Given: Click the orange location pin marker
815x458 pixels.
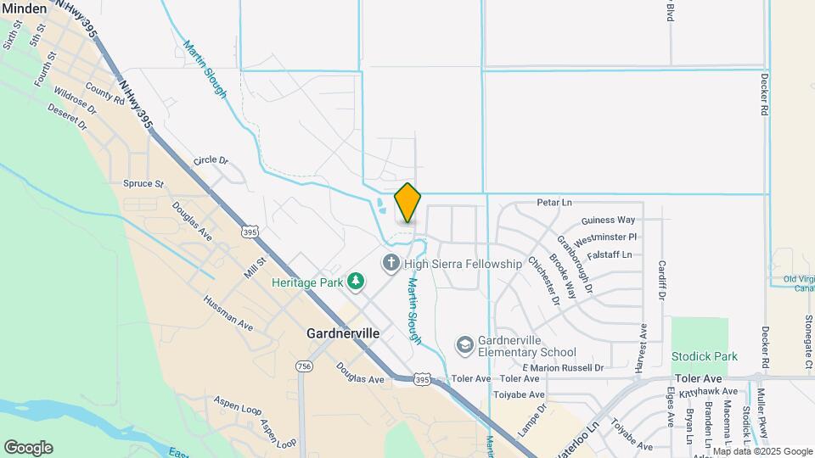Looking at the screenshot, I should coord(407,204).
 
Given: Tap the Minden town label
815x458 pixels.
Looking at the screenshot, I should coord(25,8).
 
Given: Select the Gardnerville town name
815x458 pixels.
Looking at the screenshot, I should coord(343,334).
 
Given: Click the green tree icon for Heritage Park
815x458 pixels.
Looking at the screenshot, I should coord(357,281).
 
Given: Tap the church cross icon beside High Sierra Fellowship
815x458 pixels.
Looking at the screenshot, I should coord(391,263).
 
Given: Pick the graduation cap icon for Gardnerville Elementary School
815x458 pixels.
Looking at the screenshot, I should coord(464,344).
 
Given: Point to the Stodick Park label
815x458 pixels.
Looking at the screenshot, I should coord(704,357).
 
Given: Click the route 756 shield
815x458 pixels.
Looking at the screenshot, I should coord(304,366).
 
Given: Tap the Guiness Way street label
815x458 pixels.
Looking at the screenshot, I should coord(608,221).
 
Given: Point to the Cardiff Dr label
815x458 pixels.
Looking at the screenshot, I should coord(662,280).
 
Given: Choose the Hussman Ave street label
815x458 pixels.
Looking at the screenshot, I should coord(228,312).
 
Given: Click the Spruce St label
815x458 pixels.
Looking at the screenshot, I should coord(143,183).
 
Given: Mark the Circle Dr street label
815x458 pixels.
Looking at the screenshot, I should coord(211,160).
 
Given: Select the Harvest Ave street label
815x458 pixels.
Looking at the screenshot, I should coord(643,348).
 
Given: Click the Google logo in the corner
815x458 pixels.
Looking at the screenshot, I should coord(28,448).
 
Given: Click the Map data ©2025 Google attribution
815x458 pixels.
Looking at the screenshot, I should coord(762,451).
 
